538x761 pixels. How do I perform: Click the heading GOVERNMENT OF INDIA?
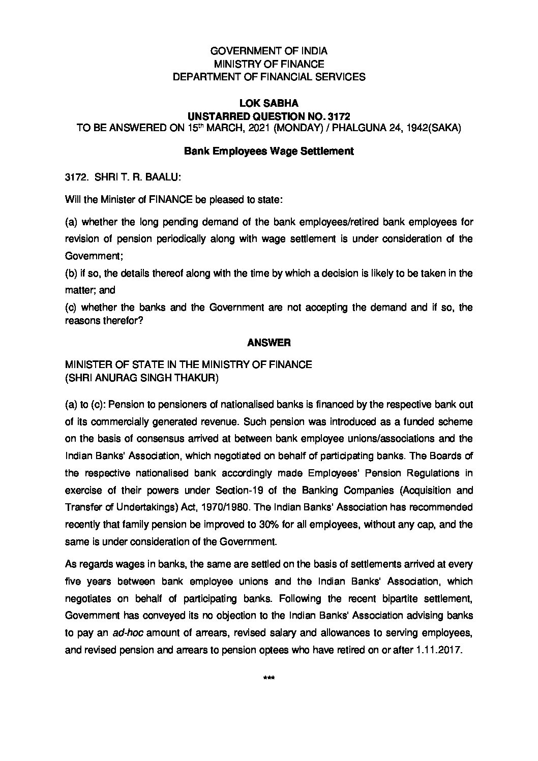(269, 51)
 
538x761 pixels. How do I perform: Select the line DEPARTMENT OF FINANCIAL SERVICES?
(269, 77)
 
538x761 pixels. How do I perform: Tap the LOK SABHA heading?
(268, 103)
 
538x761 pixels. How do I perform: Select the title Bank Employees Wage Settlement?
(268, 151)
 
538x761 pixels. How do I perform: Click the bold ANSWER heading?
(268, 343)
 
